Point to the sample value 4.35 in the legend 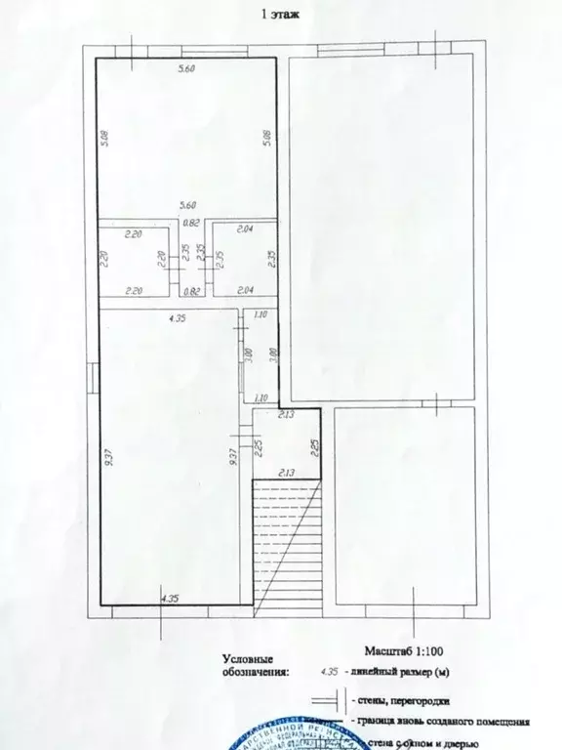330,671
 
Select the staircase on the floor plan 287,543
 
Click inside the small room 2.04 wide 244,261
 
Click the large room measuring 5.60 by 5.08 185,137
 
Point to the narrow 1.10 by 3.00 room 261,357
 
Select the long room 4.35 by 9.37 170,459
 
